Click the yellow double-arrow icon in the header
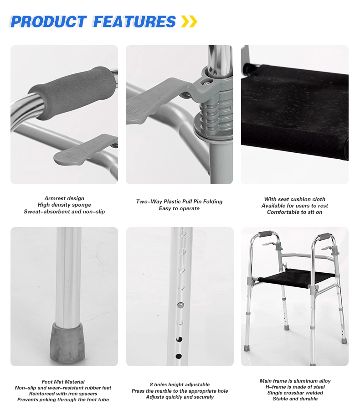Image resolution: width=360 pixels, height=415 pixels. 189,21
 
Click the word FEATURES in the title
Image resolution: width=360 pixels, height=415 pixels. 134,22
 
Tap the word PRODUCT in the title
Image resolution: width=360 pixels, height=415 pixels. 49,22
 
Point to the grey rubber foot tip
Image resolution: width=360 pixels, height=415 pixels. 67,343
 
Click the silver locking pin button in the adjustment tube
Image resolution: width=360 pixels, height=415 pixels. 180,305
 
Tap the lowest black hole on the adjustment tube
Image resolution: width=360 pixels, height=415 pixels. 179,356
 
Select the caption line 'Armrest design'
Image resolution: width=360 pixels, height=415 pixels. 64,198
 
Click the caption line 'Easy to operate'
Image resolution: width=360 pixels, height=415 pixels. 179,208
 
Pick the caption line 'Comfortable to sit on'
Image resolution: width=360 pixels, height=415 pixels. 295,212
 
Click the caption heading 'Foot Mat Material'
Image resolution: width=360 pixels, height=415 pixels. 63,382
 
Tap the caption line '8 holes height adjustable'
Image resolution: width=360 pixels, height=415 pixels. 180,384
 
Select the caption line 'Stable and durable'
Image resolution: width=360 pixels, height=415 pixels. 295,399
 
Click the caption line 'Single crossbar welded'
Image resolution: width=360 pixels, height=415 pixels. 295,393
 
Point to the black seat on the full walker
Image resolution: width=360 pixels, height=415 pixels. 296,279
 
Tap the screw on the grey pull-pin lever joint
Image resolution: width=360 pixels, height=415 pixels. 205,83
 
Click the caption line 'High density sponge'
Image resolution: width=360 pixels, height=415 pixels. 64,205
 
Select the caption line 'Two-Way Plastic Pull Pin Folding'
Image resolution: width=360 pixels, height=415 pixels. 180,202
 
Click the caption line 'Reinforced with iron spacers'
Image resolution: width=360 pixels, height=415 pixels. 63,394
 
